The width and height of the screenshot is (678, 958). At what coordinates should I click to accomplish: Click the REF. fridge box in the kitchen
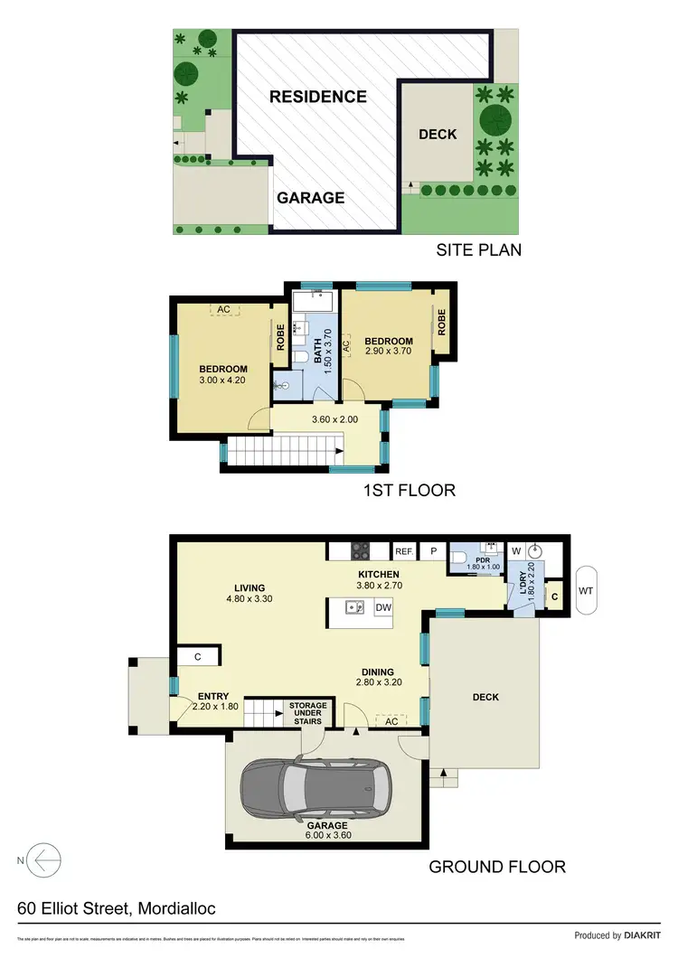click(403, 550)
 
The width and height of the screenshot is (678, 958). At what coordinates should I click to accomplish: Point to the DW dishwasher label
click(382, 607)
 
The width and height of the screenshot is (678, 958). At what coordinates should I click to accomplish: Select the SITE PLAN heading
click(478, 250)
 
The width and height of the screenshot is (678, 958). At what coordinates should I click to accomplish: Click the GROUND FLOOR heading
click(496, 867)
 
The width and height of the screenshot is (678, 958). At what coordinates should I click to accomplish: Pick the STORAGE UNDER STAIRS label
click(307, 714)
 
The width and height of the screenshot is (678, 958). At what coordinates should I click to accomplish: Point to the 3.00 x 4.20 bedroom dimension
click(223, 381)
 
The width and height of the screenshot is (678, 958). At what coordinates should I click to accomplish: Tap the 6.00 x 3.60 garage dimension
click(327, 835)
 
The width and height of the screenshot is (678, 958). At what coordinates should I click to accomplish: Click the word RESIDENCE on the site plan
click(317, 97)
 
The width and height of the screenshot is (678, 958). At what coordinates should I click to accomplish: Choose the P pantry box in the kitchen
click(432, 550)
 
